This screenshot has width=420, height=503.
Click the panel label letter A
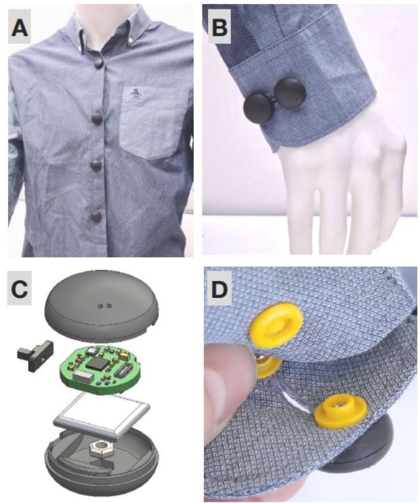coord(20,28)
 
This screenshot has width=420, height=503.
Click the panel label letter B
coord(219,27)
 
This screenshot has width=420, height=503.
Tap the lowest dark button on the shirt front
coord(96,217)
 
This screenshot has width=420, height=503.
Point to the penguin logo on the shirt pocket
coord(135,94)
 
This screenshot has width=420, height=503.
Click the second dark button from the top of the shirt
coord(97,118)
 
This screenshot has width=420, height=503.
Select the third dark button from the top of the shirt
coord(96,165)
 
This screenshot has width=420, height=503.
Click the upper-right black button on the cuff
coord(290,92)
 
